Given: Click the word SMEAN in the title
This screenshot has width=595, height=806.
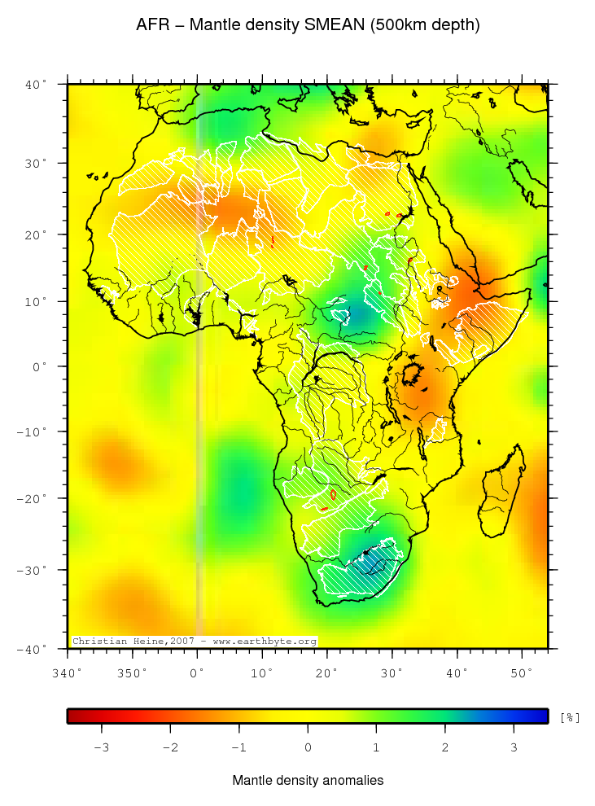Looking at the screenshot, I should (335, 25).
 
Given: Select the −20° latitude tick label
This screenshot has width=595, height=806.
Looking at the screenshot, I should (33, 498).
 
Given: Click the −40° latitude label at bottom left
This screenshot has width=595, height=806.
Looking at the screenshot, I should (33, 649).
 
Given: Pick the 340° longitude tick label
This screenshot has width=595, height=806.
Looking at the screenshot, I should (67, 673).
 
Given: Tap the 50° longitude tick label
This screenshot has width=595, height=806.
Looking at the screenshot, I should (521, 673).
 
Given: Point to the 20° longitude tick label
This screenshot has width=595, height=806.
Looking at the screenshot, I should (326, 673).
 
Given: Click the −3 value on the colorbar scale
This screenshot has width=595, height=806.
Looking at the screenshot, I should (101, 747).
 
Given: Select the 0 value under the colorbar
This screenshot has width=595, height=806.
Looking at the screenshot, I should (308, 747).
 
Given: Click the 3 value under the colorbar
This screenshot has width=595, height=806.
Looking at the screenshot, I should (514, 747).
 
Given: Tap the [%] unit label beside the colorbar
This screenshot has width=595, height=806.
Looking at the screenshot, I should (570, 717).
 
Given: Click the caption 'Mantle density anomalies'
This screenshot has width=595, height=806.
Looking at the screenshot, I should (308, 781).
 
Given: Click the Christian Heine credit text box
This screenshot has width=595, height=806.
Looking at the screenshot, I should (195, 642).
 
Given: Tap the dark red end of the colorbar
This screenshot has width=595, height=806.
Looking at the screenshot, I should (74, 716).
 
